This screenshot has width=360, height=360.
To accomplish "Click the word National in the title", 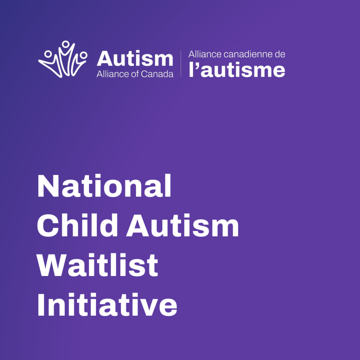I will tap(104, 186).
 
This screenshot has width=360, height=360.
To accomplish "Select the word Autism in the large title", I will tap(183, 226).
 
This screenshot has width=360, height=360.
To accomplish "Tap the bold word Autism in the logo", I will tap(135, 59).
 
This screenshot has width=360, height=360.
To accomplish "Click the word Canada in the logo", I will tap(159, 74).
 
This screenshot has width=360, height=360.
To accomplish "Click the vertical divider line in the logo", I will tap(181, 64).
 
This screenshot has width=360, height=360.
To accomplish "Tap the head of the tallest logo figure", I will tap(66, 44).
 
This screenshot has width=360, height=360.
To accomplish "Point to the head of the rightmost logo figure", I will tap(84, 55).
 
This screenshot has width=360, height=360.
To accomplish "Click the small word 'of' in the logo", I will tap(134, 74).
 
